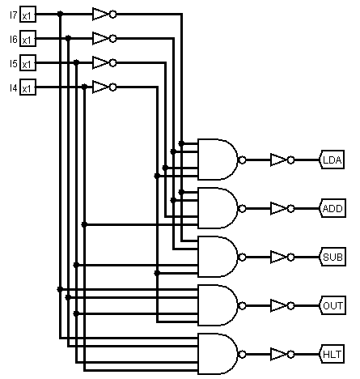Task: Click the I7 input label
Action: click(13, 15)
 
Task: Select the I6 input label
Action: click(13, 39)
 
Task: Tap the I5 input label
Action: click(13, 63)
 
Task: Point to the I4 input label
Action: click(13, 87)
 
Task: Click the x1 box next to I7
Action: click(28, 15)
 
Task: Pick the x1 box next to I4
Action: click(28, 87)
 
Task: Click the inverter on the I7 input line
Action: click(102, 14)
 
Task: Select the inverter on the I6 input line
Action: click(102, 38)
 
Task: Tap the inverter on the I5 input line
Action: click(102, 62)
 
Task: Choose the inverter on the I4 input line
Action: click(102, 87)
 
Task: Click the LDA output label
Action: click(332, 160)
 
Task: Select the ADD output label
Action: click(332, 208)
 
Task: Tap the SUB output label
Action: click(332, 257)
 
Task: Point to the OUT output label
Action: click(332, 305)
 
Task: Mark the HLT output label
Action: click(332, 354)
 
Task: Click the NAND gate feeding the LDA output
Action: click(219, 160)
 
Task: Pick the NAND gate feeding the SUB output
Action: click(219, 257)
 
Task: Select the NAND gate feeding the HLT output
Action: click(219, 354)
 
